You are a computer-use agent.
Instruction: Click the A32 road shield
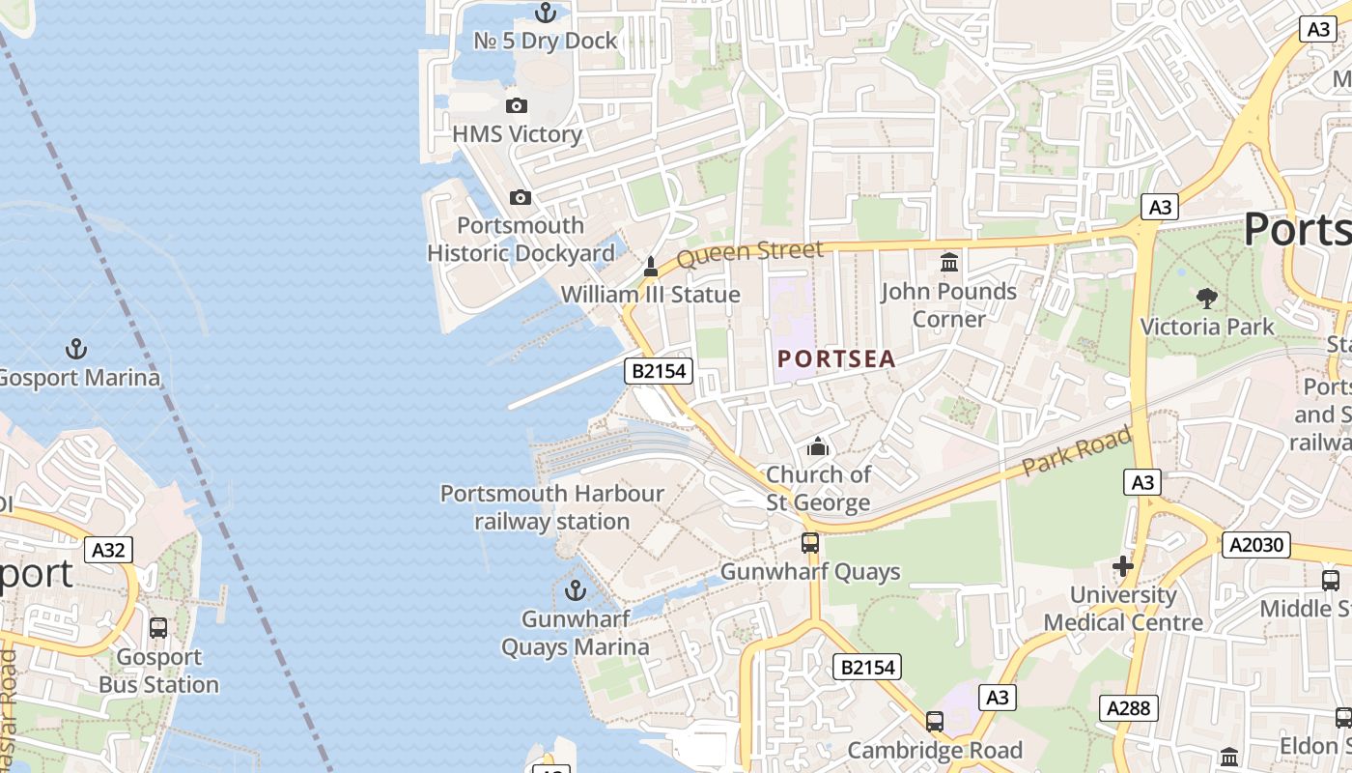(x=108, y=550)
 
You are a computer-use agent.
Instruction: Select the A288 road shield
(x=1128, y=708)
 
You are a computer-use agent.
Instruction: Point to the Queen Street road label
(x=749, y=254)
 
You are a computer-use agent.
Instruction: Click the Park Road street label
(x=1076, y=451)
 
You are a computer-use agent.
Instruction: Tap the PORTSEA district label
(x=836, y=359)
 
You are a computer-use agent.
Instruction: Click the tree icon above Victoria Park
(x=1206, y=298)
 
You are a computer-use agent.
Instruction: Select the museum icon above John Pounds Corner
(x=949, y=262)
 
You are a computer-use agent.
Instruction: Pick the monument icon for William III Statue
(x=651, y=266)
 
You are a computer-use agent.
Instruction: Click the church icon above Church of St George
(x=818, y=446)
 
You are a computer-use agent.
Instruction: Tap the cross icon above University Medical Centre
(x=1122, y=565)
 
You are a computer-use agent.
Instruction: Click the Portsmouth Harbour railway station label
(x=552, y=507)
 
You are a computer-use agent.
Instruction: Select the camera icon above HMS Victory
(x=517, y=105)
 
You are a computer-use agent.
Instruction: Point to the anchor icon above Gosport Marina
(x=75, y=348)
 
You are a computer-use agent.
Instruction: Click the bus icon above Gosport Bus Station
(x=158, y=628)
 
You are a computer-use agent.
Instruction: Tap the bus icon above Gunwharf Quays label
(x=810, y=543)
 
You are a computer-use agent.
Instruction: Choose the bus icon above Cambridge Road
(x=934, y=721)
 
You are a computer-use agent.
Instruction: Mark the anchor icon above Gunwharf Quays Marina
(x=576, y=589)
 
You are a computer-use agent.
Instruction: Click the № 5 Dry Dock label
(x=546, y=41)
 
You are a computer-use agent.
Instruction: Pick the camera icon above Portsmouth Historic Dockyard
(x=521, y=197)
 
